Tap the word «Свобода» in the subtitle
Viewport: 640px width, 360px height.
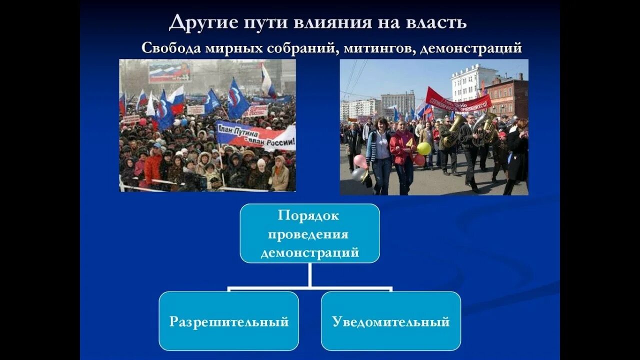[171, 48]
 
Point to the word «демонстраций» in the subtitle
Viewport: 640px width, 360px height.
[471, 48]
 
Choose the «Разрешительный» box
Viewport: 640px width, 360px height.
[229, 321]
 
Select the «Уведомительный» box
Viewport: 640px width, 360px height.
[390, 321]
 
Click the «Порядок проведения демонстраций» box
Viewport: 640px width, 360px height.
[309, 233]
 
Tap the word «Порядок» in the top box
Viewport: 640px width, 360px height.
[309, 215]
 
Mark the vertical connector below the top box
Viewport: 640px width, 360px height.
[310, 274]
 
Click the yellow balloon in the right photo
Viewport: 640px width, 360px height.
[424, 148]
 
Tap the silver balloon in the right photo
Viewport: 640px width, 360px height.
[358, 174]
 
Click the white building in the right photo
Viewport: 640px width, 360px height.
[472, 82]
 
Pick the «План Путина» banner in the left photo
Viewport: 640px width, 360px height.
[255, 136]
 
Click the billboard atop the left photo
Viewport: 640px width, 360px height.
[169, 72]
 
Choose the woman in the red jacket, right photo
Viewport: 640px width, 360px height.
[403, 155]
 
